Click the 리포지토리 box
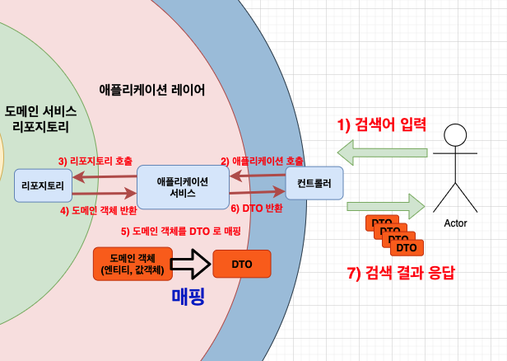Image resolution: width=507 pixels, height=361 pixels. point(44,185)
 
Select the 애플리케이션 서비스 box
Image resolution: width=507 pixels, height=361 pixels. point(182,187)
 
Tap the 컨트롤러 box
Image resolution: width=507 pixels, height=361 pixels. point(314,183)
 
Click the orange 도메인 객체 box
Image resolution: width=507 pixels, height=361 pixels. point(131,263)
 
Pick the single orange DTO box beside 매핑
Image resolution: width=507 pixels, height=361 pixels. point(242,264)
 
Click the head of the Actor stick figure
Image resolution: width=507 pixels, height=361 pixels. point(455,137)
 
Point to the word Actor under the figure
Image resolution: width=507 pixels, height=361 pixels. point(455,223)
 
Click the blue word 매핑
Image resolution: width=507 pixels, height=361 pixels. point(199,297)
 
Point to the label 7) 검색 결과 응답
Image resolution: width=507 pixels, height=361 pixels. point(401,273)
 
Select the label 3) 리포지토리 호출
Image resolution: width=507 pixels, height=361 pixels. point(94,160)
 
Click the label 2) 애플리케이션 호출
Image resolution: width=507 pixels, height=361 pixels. point(262,161)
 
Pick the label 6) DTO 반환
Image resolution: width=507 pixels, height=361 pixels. point(257,209)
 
